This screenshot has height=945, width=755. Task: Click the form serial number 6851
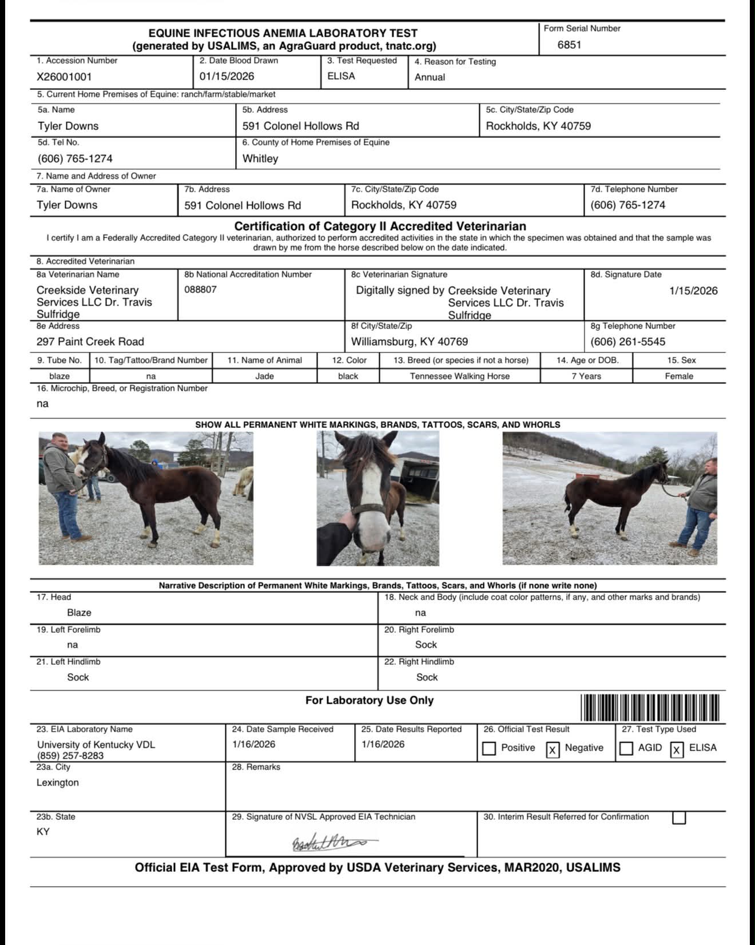click(569, 45)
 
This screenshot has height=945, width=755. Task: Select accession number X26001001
click(64, 77)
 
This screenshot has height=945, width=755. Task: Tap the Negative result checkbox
click(553, 749)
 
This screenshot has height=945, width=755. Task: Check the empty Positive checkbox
click(489, 749)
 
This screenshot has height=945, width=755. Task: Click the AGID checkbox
click(626, 749)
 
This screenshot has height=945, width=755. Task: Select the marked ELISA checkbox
click(677, 749)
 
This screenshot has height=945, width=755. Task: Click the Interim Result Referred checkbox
click(679, 818)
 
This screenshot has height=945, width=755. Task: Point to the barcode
click(650, 708)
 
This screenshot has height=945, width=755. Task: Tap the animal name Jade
click(264, 376)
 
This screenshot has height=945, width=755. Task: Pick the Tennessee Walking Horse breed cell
click(459, 376)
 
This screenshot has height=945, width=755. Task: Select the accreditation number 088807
click(200, 289)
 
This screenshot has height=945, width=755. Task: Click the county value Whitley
click(260, 159)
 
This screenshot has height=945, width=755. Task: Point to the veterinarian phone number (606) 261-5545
click(627, 342)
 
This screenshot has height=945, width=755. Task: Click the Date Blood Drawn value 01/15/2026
click(227, 77)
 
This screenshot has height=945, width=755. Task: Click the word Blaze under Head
click(79, 613)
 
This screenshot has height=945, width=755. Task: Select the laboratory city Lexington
click(58, 783)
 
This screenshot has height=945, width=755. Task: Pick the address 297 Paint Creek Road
click(90, 342)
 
